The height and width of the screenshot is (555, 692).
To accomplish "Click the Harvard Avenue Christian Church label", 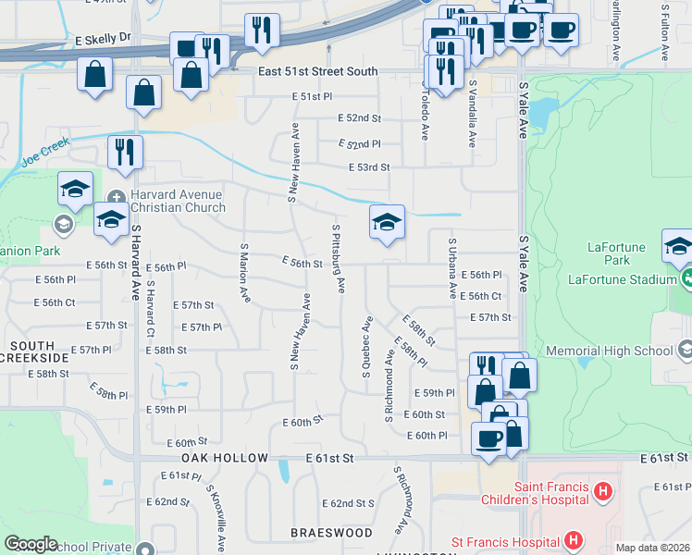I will point(177,201).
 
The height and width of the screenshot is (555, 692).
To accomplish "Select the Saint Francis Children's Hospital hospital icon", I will point(602,490).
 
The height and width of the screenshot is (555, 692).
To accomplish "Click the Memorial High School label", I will point(610,351).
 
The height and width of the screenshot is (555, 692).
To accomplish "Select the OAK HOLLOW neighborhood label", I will point(225,458).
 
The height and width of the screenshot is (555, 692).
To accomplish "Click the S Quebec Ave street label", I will point(367,346).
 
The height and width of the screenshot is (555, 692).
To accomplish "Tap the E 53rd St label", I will point(368,167).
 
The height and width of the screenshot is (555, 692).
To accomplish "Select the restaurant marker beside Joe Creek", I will point(125,151).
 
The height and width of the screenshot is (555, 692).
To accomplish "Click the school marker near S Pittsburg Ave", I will point(388,221).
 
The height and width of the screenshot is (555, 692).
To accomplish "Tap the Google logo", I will point(31,544).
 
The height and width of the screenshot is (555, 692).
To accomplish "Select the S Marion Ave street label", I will point(245,273).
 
